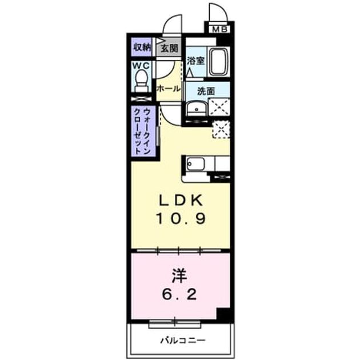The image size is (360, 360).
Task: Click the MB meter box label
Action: (219, 29)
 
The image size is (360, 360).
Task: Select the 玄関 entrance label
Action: (169, 49)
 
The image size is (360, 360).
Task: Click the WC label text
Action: (141, 66)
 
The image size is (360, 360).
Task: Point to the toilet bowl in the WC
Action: (141, 81)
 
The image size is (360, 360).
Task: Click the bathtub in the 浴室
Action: (219, 61)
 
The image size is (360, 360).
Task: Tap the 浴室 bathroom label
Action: (195, 61)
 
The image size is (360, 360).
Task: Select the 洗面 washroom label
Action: (206, 91)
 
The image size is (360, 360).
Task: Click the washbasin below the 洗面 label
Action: (197, 109)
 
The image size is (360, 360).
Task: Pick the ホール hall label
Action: (169, 89)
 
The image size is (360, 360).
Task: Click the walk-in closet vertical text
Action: (142, 131)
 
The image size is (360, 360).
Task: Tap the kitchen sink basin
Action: (195, 164)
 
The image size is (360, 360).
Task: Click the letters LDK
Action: (181, 200)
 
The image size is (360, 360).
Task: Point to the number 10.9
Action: (181, 218)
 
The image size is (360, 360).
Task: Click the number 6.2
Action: (179, 294)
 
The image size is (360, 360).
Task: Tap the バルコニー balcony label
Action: (183, 340)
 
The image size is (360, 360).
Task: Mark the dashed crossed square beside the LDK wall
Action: (221, 130)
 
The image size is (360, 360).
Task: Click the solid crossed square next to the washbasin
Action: (219, 107)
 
